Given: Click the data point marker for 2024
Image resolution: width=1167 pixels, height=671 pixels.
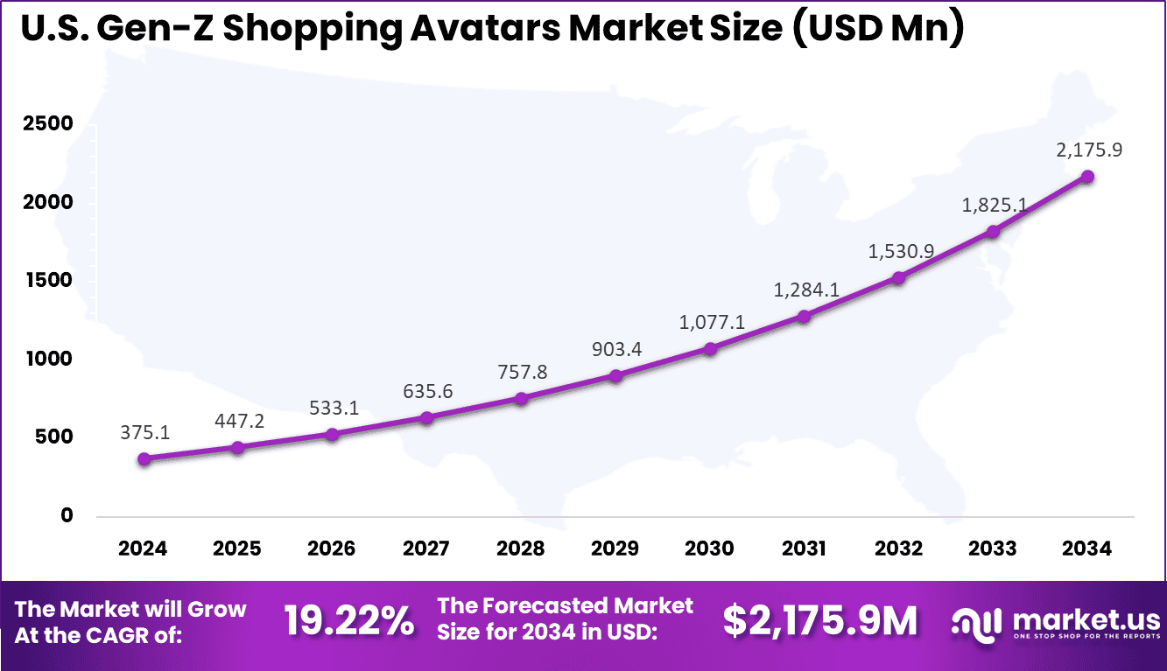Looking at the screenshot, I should [144, 458].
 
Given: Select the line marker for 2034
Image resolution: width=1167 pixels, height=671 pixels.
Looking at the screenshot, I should [1087, 177].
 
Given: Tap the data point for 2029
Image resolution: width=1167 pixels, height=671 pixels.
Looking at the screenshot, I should [615, 376].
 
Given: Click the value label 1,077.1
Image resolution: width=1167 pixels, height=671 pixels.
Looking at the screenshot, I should [712, 323].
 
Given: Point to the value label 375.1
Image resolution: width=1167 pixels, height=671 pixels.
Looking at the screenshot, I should [144, 432].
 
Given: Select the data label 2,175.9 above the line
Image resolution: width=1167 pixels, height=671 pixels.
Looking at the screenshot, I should [1089, 150].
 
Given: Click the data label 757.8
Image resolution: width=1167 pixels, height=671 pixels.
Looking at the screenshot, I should [522, 372].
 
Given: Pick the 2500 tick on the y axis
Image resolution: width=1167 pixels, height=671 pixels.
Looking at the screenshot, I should [48, 124].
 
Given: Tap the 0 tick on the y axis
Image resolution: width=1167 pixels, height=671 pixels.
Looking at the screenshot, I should [67, 516].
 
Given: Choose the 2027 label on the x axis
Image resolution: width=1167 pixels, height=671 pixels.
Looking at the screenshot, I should [426, 549].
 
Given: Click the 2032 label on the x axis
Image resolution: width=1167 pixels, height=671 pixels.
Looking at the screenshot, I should [898, 549].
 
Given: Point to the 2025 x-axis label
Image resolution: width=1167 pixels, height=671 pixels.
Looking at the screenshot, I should [237, 549].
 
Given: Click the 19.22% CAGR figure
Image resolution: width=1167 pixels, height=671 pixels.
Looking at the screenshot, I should [349, 620].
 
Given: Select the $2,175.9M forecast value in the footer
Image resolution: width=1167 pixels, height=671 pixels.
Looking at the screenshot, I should [820, 620].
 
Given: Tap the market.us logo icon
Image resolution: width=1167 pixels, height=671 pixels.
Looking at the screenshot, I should [977, 622].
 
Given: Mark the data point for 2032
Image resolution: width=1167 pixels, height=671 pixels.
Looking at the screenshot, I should [898, 278].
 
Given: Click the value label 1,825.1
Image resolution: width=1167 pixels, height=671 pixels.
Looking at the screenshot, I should [994, 205].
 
